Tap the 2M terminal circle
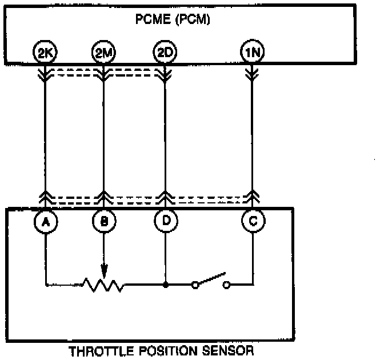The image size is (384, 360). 103,54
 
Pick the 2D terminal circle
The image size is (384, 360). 165,54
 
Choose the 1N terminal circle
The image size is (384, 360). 251,54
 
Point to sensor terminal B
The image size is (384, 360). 103,221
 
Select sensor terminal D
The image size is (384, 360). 165,221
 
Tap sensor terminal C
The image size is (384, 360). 251,221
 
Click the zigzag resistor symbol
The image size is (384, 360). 103,284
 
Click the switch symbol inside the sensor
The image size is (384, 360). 211,282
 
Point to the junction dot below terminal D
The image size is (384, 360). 165,283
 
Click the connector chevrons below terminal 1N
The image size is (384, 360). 251,73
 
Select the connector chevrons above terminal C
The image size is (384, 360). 251,199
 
